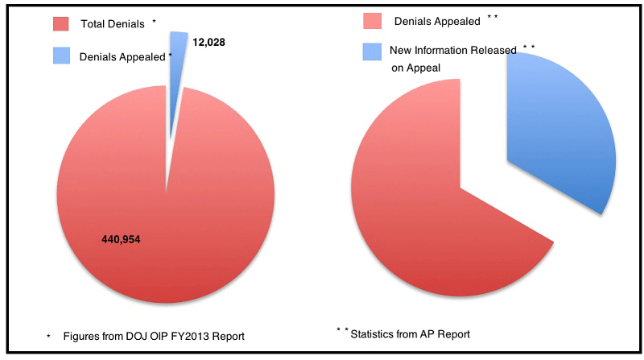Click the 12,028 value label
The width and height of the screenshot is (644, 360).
tap(208, 40)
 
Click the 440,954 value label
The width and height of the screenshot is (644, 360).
tap(122, 239)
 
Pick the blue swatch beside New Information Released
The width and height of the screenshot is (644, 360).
tap(371, 51)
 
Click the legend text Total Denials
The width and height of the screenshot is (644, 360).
tap(113, 24)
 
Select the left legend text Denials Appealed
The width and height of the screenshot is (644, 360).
tap(122, 57)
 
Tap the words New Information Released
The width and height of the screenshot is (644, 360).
tap(453, 51)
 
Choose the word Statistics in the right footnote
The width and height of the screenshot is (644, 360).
tap(375, 333)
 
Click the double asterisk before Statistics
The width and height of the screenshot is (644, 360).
tap(341, 330)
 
